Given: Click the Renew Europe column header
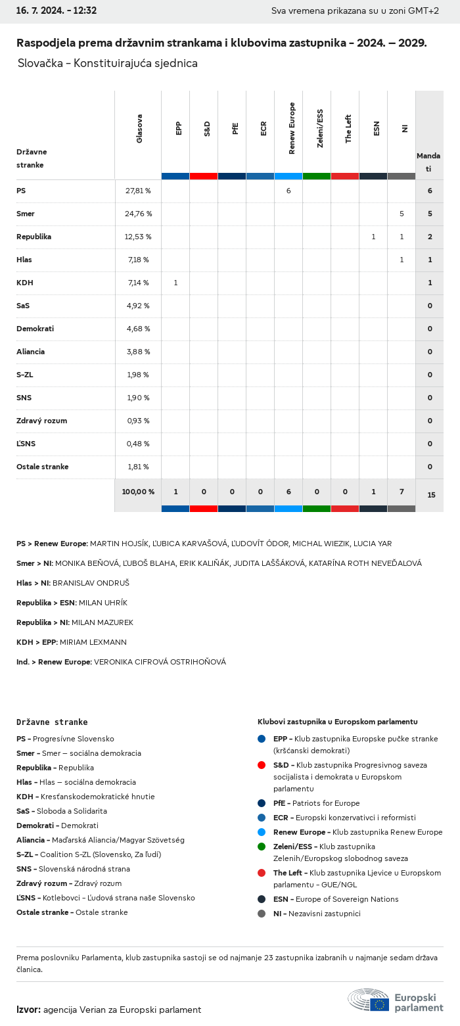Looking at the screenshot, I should coord(292,128).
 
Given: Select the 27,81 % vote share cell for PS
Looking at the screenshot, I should coord(138,191).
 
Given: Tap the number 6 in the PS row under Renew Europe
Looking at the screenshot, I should coord(288,191).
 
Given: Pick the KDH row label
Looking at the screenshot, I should coord(25,283).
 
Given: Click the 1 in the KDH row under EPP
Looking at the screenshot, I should coord(175,283).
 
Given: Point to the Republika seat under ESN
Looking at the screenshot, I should coord(373,237).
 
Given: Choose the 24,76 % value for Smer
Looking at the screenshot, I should coord(139,214).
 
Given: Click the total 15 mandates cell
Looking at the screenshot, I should coord(431,495).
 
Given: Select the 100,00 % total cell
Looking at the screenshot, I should coord(138,492).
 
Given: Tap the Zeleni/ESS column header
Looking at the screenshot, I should coord(320,128).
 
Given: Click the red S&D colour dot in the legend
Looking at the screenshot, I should coord(262,765).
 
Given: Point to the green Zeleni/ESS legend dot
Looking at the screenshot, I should coord(262,847).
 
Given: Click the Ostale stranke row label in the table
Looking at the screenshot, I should coord(43,467).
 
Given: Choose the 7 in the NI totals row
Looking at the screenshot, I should coord(402,492).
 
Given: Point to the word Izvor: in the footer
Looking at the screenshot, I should coord(28,1010).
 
